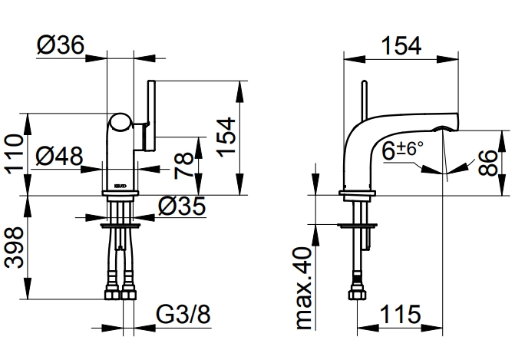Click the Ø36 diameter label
coord(61,45)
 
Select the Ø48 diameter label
coord(59,156)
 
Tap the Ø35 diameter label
coord(182,206)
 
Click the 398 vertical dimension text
coord(14,248)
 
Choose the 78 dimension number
coord(183,165)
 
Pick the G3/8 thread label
coord(183,315)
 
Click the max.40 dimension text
coord(303,288)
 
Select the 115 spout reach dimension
coord(401,315)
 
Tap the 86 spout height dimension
coord(488,163)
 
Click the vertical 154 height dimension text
coord(226,137)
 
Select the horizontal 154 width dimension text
coord(401,45)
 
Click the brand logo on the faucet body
coord(120,186)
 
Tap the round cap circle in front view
coord(120,124)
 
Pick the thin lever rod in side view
coord(365,101)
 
